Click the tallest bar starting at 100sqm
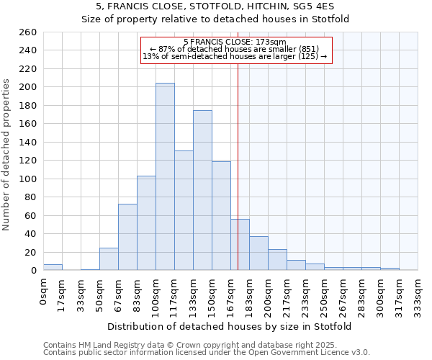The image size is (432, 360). click(165, 176)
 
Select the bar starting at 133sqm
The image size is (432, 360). click(202, 190)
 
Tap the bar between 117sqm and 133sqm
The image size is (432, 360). click(184, 210)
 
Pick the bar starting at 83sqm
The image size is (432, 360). click(146, 222)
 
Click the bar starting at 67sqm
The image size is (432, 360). click(127, 237)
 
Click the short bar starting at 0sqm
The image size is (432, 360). click(53, 267)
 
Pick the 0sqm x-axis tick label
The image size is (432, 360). click(43, 289)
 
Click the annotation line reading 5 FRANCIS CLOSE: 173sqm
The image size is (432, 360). click(235, 42)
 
